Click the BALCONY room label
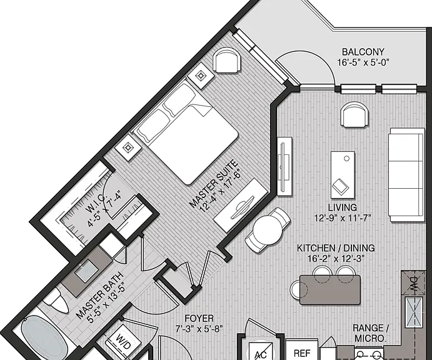(363, 52)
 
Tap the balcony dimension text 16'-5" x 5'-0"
(363, 62)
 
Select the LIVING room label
(343, 207)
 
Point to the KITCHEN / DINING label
(336, 248)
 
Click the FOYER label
(199, 318)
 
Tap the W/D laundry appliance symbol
(124, 341)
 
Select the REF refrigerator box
(302, 350)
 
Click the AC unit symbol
(261, 351)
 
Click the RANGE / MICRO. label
(371, 333)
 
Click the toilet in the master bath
(57, 301)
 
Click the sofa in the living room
(406, 174)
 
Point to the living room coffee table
(343, 174)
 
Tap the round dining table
(268, 230)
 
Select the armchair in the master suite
(226, 60)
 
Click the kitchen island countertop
(330, 290)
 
